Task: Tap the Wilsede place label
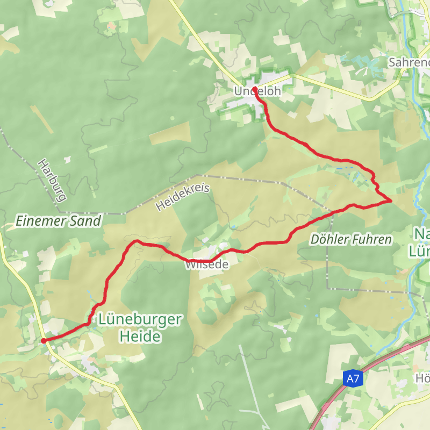pos(207,264)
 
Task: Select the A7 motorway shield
pos(353,379)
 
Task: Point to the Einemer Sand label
pos(59,220)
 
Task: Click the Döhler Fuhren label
pos(351,239)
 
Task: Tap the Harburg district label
pos(51,180)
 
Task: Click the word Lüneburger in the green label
pos(140,319)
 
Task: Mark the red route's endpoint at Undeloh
pos(254,89)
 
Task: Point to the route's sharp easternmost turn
pos(391,201)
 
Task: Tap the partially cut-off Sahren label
pos(409,62)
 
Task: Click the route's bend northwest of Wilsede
pos(137,241)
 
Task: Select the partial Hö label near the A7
pos(422,378)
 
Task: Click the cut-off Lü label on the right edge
pos(420,251)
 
